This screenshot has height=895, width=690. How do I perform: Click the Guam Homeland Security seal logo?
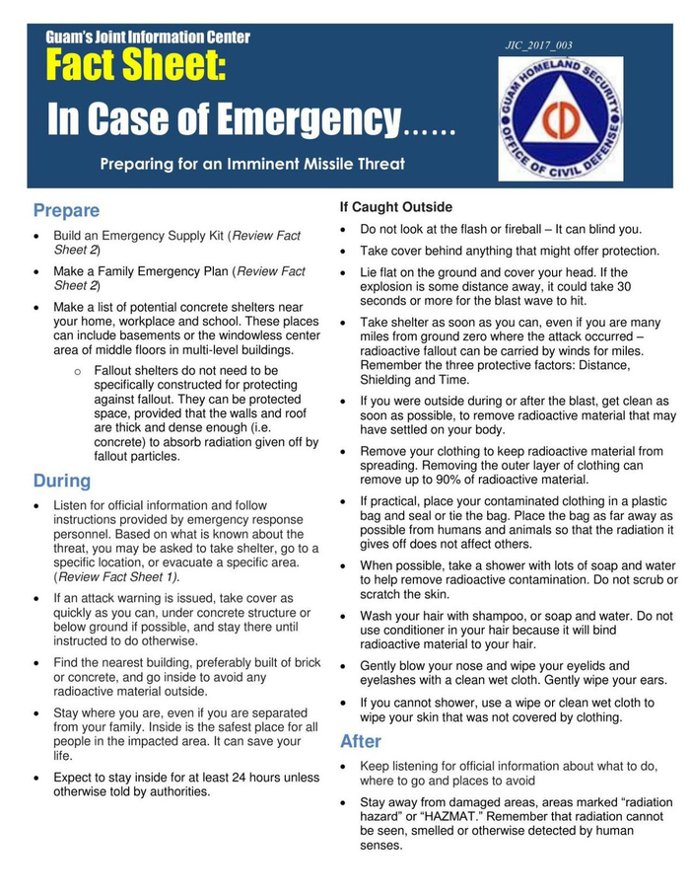click(x=560, y=117)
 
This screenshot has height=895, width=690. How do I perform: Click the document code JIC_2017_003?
click(x=538, y=45)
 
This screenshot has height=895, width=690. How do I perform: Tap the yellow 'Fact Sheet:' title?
click(x=136, y=68)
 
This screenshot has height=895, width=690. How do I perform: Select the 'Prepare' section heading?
click(x=66, y=210)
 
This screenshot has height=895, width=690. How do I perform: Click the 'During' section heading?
click(x=61, y=481)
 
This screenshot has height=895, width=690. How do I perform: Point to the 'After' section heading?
click(x=361, y=741)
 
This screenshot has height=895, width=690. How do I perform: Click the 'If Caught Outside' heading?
click(x=396, y=207)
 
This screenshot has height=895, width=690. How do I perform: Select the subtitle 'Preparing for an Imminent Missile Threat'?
click(x=251, y=164)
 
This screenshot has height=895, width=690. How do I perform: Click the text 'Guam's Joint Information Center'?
click(x=148, y=37)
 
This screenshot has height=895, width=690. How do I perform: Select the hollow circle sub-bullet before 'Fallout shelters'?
click(x=78, y=371)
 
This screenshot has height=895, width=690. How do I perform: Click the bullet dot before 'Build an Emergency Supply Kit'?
click(x=36, y=237)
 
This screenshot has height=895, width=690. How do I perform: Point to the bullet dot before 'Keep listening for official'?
click(x=342, y=767)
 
